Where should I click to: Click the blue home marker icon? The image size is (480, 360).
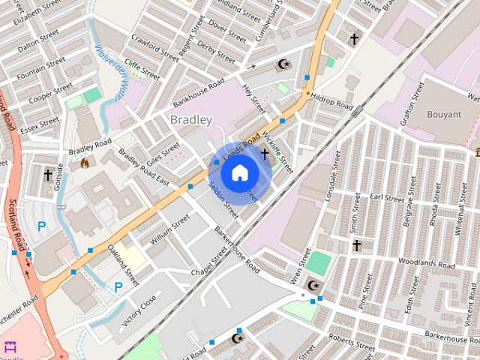click(x=239, y=173)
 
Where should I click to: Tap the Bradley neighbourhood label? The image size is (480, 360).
click(x=191, y=119)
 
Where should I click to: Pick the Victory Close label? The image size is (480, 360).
click(x=139, y=307)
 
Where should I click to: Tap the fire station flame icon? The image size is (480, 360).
click(x=84, y=162)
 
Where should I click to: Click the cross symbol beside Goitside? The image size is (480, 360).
click(x=48, y=175)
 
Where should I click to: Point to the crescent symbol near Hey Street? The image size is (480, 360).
click(x=283, y=65)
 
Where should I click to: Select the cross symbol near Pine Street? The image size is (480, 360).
click(x=356, y=245)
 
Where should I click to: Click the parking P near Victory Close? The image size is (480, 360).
click(x=118, y=286)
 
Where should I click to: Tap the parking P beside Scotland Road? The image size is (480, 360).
click(x=42, y=226)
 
